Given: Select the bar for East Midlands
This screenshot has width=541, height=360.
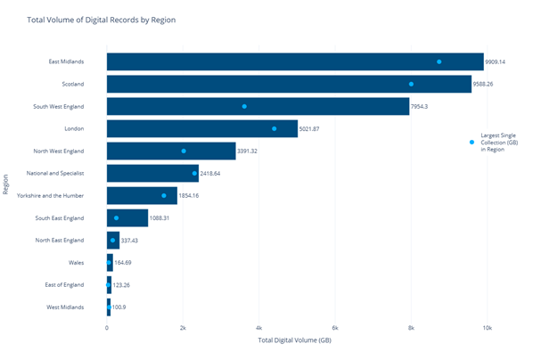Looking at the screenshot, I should pos(294,61).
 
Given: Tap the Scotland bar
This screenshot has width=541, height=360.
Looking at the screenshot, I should pos(289,84).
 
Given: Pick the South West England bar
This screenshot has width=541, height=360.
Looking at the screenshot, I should pos(258,106).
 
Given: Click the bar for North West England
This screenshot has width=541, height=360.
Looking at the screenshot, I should pos(171,151).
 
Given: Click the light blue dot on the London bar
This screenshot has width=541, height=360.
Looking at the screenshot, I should pos(275,128).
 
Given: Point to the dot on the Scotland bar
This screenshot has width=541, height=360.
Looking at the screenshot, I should pos(411,84).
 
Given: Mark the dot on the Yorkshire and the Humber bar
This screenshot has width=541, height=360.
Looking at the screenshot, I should pos(164,195).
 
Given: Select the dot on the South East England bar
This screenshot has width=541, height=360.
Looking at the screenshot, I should pos(117,217).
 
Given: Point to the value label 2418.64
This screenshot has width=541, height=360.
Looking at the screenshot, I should pos(216,173).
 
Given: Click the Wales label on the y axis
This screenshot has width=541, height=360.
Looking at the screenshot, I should pos(76,262).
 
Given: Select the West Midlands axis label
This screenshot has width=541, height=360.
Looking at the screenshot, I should pos(66,307).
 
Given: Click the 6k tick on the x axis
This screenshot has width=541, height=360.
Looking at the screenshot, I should pos(335,327).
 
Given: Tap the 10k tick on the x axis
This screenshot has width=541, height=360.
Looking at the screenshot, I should pos(487,327).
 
